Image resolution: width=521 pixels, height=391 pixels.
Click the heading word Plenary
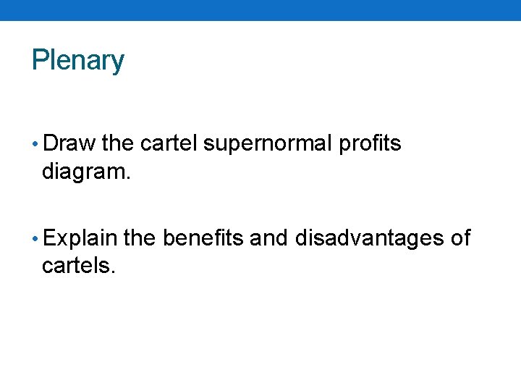tap(78, 60)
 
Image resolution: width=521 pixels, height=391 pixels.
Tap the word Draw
tap(69, 143)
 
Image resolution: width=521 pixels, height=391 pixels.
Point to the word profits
tap(370, 144)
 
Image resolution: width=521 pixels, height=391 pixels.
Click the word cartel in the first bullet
tap(169, 143)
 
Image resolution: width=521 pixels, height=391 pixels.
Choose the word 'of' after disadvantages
tap(460, 237)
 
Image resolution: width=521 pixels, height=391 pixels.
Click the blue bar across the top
tap(260, 10)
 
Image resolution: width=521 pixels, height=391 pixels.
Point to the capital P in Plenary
tap(40, 60)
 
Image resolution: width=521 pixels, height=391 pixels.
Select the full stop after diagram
tap(130, 178)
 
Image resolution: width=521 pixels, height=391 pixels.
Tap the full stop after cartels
tap(113, 272)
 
